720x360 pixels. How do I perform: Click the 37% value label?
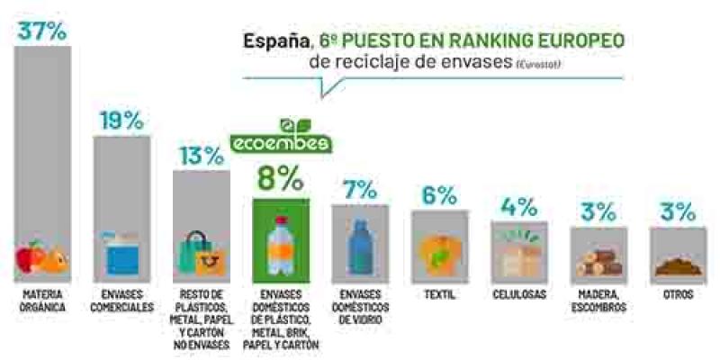(x=42, y=31)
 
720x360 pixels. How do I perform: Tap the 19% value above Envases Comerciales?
(x=121, y=121)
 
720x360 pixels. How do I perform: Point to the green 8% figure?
(x=280, y=177)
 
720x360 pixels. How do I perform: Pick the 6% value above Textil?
(x=439, y=195)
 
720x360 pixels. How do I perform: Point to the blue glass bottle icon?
(x=360, y=243)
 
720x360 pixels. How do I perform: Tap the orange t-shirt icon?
(x=439, y=252)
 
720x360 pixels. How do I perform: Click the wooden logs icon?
(x=598, y=260)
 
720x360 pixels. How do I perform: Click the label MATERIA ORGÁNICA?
(x=42, y=301)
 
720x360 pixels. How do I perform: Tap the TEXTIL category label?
(x=439, y=295)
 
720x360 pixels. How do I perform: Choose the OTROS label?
(x=677, y=295)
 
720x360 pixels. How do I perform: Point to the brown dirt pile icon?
(x=677, y=265)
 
